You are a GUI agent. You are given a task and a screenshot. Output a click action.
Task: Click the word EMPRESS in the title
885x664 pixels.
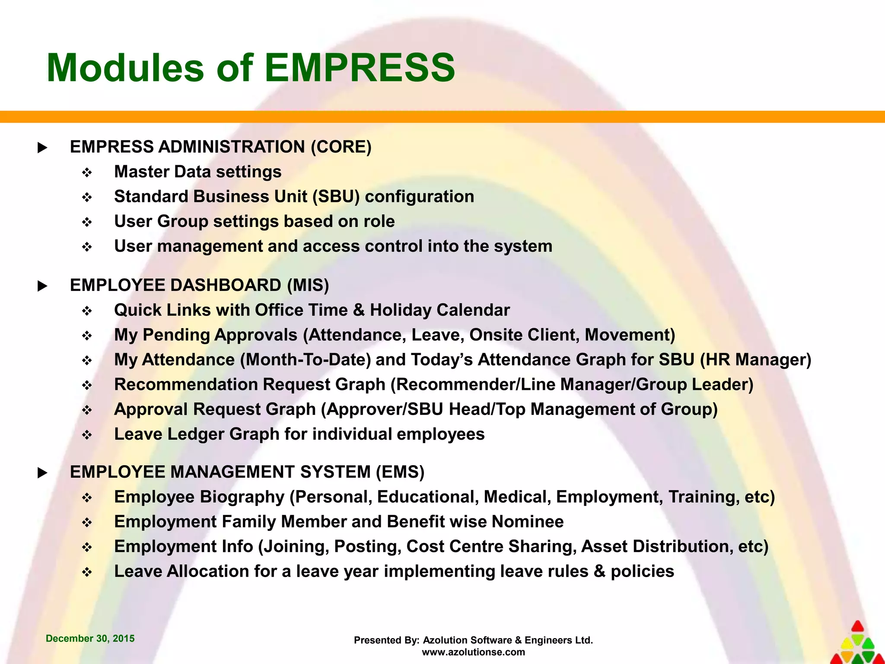click(x=360, y=68)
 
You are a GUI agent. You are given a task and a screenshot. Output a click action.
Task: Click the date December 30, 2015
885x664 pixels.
click(x=90, y=638)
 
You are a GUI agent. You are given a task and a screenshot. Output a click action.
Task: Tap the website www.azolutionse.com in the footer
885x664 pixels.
click(x=473, y=652)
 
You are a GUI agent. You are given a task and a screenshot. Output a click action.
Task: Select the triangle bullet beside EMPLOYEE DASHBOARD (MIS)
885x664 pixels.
click(x=42, y=286)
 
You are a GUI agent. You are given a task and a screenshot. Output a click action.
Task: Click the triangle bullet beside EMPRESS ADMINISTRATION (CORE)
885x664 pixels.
click(x=42, y=148)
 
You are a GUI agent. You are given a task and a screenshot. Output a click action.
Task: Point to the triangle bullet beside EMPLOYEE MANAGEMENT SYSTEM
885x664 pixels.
click(x=42, y=473)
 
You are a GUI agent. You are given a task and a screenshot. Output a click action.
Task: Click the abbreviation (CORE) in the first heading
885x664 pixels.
click(x=341, y=147)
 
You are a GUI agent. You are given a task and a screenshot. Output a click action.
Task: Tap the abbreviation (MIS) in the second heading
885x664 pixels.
click(x=308, y=285)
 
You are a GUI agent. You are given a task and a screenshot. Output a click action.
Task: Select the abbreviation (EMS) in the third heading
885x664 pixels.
click(x=400, y=472)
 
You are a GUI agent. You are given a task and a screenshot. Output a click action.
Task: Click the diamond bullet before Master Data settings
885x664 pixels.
click(x=87, y=173)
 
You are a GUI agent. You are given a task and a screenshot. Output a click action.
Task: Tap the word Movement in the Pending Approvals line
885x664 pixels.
click(x=629, y=335)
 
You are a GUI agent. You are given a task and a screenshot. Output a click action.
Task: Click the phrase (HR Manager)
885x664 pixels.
click(x=755, y=360)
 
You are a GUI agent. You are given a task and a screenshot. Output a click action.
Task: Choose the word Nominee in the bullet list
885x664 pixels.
click(x=528, y=522)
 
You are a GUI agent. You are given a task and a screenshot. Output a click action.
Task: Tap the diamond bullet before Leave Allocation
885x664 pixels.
click(x=87, y=573)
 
